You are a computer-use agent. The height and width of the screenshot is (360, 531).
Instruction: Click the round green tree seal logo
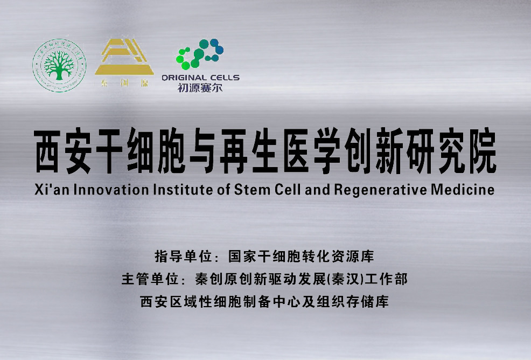59,65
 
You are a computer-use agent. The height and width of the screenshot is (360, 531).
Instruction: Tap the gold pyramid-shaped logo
124,57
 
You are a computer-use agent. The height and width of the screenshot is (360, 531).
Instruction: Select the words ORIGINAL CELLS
200,78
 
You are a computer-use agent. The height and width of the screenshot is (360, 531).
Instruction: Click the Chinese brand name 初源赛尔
200,87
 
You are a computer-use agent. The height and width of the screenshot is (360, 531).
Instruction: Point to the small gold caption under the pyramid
124,85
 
